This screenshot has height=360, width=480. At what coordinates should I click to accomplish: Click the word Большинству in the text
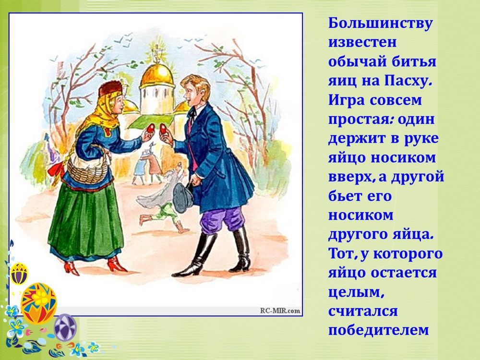click(381, 24)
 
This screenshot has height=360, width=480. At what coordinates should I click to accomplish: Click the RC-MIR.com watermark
click(281, 311)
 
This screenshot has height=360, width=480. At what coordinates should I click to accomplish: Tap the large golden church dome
click(157, 75)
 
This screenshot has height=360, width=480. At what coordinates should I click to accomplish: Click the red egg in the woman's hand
click(151, 129)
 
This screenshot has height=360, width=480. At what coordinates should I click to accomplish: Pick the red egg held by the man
click(163, 129)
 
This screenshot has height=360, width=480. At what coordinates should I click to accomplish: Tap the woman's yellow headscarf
click(101, 113)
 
